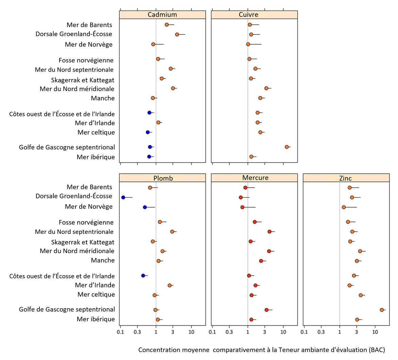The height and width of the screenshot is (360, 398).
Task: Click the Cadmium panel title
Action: coord(162,15)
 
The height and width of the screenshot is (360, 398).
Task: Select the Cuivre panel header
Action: coord(248,15)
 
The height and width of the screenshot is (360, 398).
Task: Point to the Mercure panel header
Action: coord(255,178)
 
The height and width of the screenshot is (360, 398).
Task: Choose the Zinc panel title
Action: coord(345,178)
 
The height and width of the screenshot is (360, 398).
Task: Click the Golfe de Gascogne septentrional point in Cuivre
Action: coord(287,147)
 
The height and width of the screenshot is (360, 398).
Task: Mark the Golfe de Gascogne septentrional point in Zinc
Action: coord(382,310)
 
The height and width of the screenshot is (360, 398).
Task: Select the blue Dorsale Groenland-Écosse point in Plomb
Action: coord(123,197)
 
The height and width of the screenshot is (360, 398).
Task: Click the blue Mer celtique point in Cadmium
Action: coord(148,132)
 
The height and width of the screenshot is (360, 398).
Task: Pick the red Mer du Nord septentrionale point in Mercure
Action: coord(269,231)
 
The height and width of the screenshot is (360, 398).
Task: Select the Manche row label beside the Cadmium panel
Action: coord(103,98)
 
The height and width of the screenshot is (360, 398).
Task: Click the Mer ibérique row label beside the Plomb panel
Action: coord(96,319)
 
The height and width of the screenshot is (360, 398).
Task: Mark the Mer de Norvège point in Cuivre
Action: coord(248,44)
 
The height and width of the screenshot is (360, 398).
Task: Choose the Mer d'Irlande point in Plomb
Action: coord(169,285)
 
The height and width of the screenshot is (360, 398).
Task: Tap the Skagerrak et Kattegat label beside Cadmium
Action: coord(83,80)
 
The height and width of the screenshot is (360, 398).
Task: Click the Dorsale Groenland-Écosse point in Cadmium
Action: coord(177,34)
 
